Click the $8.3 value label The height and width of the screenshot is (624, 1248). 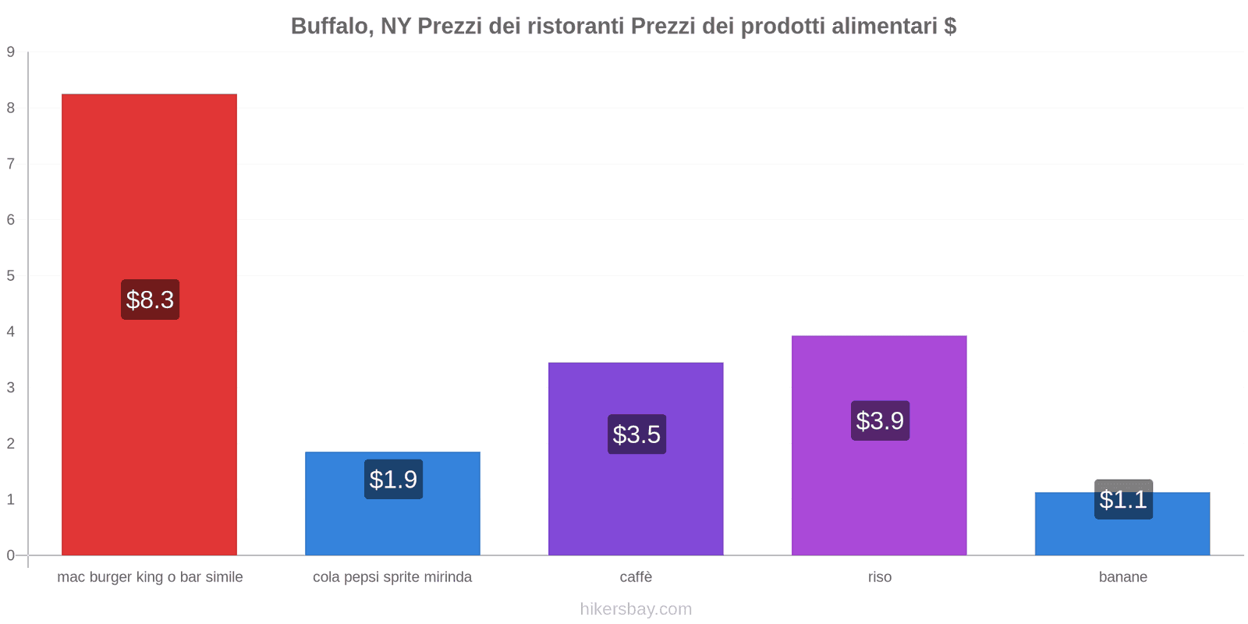(150, 300)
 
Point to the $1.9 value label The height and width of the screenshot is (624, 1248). (393, 479)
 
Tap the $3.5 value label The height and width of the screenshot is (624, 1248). (636, 434)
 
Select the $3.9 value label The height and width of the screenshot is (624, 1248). (880, 420)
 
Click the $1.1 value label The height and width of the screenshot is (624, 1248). (1123, 499)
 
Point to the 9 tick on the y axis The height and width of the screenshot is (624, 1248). (11, 52)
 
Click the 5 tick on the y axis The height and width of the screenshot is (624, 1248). (11, 275)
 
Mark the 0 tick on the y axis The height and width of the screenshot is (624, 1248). (11, 555)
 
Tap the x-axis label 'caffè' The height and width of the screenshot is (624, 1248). (636, 577)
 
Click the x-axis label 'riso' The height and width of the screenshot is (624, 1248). (879, 577)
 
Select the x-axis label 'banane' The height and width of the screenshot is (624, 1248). (1122, 577)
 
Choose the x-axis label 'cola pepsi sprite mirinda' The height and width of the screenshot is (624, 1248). (392, 577)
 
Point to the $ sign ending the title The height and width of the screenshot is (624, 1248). (950, 27)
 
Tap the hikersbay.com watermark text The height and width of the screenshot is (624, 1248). (636, 609)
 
